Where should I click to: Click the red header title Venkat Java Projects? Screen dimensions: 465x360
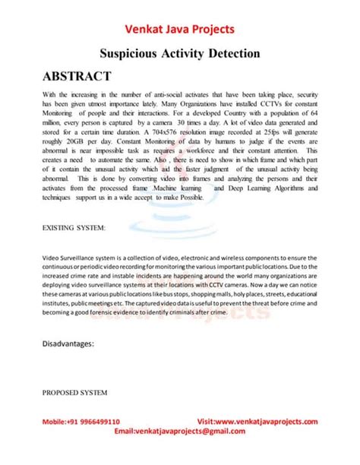(180, 30)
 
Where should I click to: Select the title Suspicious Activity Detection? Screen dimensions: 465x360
(180, 54)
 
